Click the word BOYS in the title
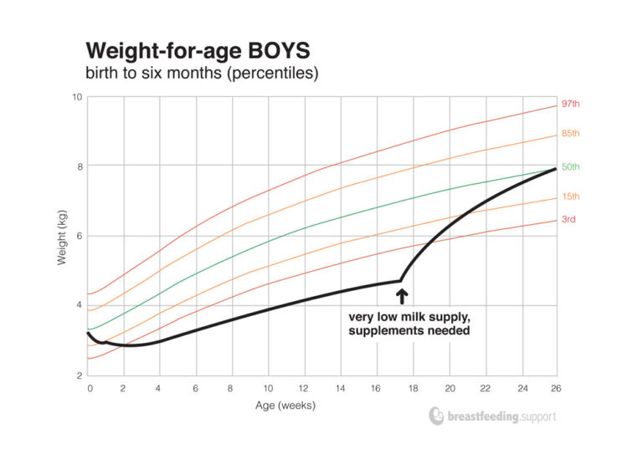click(283, 48)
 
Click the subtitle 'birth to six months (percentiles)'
click(201, 73)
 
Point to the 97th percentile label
click(570, 104)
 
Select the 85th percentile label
click(570, 134)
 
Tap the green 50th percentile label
click(570, 167)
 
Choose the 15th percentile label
click(570, 196)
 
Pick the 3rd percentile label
click(568, 219)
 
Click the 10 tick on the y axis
click(76, 97)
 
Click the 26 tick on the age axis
click(556, 389)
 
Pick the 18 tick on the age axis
click(412, 389)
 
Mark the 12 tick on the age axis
click(304, 389)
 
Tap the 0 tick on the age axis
click(89, 389)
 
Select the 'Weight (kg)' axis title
click(62, 237)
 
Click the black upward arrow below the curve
click(401, 295)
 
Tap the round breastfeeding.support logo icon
click(436, 416)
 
